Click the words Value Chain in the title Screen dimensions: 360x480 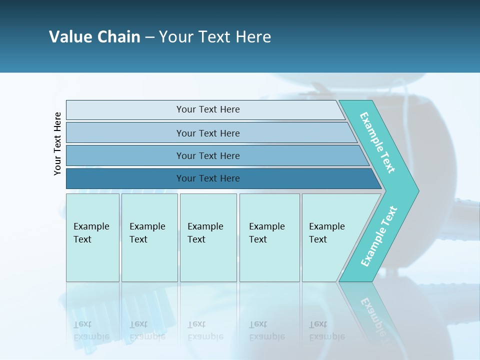[94, 36]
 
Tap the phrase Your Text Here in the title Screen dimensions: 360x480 [215, 36]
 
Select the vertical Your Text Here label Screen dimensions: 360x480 [57, 143]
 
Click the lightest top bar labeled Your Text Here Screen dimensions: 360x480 [207, 109]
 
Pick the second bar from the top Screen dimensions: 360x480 [207, 133]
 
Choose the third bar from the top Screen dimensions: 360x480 [207, 155]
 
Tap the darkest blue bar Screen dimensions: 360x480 [207, 178]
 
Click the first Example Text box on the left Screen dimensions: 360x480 [92, 237]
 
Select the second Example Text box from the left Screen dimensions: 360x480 [149, 237]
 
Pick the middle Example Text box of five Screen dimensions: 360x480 [208, 237]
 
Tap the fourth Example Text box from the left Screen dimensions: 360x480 [269, 237]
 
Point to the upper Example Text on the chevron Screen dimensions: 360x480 [377, 142]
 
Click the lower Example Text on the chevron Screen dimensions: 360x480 [378, 236]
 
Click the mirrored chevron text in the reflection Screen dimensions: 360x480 [372, 315]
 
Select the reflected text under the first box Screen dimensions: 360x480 [91, 330]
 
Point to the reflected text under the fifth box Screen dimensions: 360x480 [326, 330]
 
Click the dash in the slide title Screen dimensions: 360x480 [149, 37]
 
